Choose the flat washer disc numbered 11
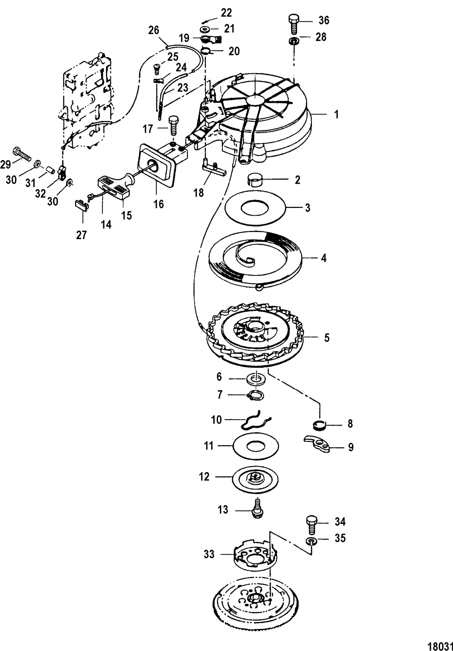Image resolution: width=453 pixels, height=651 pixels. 256,447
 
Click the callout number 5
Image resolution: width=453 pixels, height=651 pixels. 327,337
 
